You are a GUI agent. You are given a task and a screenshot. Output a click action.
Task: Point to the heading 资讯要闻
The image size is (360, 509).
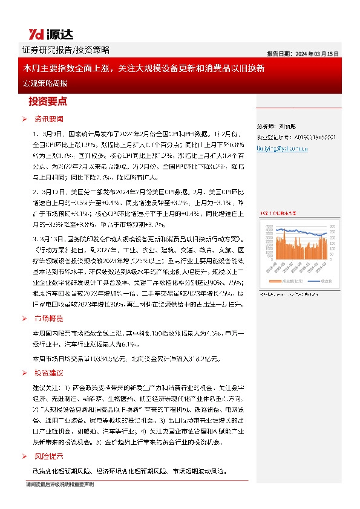coord(49,118)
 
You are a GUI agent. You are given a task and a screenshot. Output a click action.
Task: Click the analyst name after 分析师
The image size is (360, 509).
coord(290,127)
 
